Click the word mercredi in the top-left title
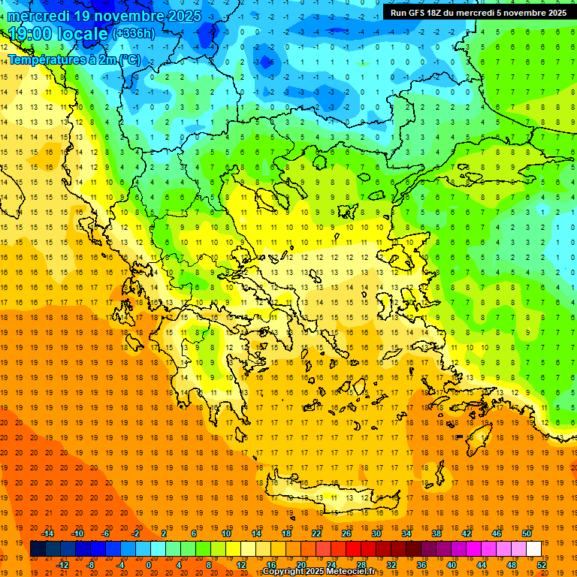(40, 16)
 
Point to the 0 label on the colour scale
(149, 564)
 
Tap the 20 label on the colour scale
(301, 564)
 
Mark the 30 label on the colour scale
(376, 533)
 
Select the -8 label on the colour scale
(91, 564)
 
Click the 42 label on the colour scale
(467, 533)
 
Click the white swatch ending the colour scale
(534, 548)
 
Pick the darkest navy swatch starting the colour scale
(38, 548)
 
